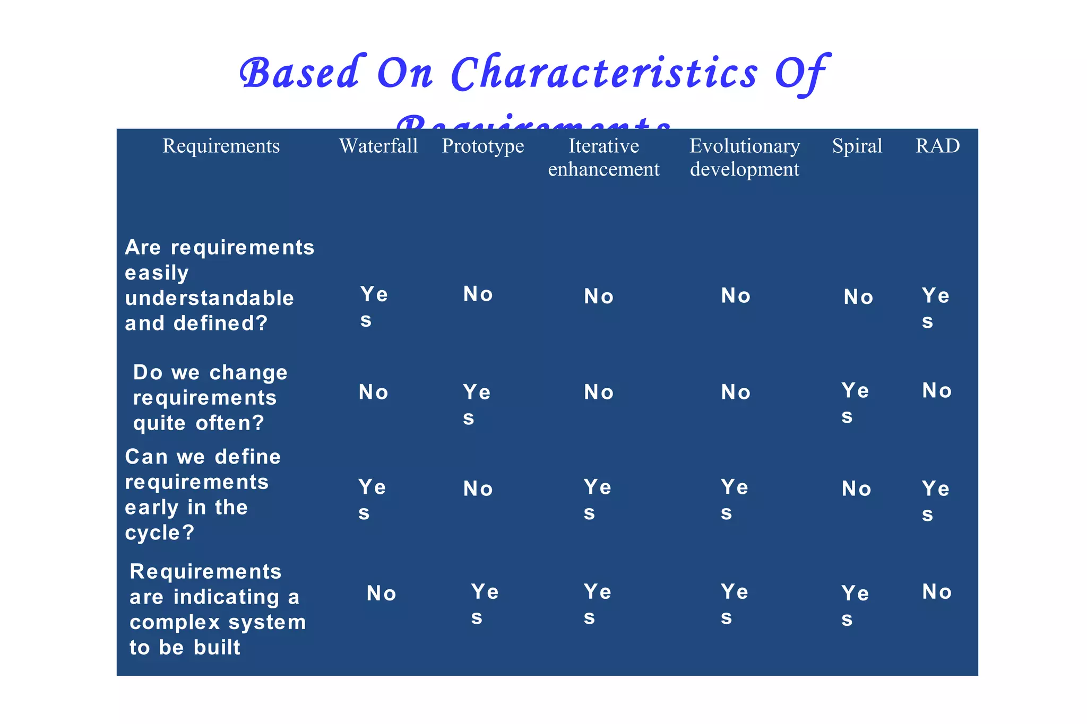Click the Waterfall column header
pyautogui.click(x=378, y=146)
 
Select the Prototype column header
pyautogui.click(x=482, y=146)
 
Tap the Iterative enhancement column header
pyautogui.click(x=603, y=158)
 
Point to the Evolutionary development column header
pyautogui.click(x=744, y=158)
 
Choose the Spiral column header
pyautogui.click(x=857, y=146)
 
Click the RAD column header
pyautogui.click(x=937, y=146)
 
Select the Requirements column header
pyautogui.click(x=221, y=146)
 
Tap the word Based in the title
pyautogui.click(x=300, y=73)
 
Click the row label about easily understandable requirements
pyautogui.click(x=219, y=285)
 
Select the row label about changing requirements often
pyautogui.click(x=210, y=398)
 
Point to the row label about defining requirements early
pyautogui.click(x=202, y=494)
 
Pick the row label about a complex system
pyautogui.click(x=217, y=609)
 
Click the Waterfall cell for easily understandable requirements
pyautogui.click(x=374, y=307)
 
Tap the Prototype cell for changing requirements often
pyautogui.click(x=476, y=405)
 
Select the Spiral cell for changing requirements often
pyautogui.click(x=855, y=403)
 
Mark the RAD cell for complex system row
pyautogui.click(x=936, y=592)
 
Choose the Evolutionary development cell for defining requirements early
pyautogui.click(x=734, y=500)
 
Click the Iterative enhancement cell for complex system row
pyautogui.click(x=597, y=604)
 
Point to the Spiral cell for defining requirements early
pyautogui.click(x=856, y=489)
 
